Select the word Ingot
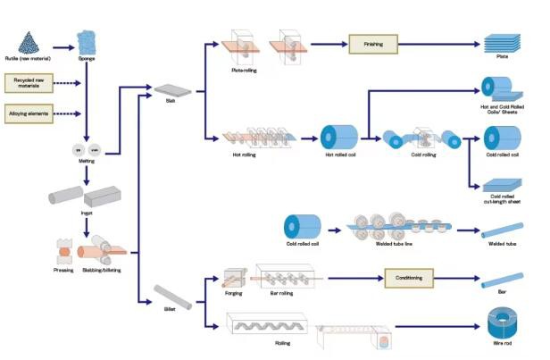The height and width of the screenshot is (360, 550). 86,213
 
